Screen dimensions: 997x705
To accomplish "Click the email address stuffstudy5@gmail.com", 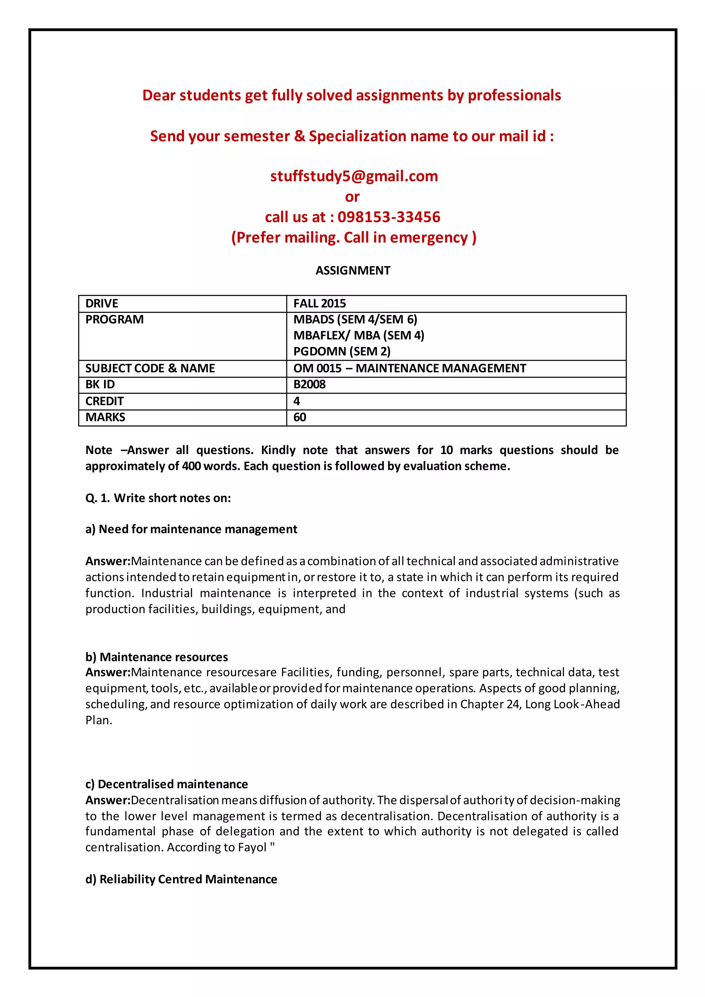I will pyautogui.click(x=354, y=176).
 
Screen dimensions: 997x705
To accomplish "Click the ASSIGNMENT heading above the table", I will pyautogui.click(x=352, y=271).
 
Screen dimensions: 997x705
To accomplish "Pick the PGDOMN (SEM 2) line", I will pyautogui.click(x=341, y=351).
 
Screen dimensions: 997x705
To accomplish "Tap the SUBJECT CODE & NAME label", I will pyautogui.click(x=150, y=368).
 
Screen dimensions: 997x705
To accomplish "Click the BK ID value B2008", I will pyautogui.click(x=309, y=384).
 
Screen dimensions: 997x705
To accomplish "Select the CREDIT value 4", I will pyautogui.click(x=296, y=401).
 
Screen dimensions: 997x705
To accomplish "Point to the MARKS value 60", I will pyautogui.click(x=299, y=417).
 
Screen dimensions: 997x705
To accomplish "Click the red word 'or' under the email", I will pyautogui.click(x=352, y=197).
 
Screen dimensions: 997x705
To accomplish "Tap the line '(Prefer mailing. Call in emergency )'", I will pyautogui.click(x=354, y=238).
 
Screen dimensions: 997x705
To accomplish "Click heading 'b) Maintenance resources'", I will pyautogui.click(x=156, y=657).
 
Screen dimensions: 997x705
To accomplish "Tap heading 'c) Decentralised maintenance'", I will pyautogui.click(x=166, y=784).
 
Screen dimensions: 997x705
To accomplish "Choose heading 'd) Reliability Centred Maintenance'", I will pyautogui.click(x=181, y=879).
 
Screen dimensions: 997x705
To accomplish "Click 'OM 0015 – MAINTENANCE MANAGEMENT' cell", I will pyautogui.click(x=409, y=368).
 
